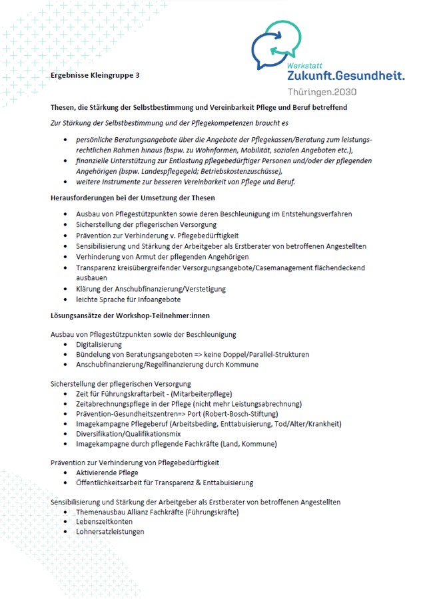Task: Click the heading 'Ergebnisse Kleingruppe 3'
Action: [x=95, y=75]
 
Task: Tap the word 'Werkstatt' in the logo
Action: [x=305, y=67]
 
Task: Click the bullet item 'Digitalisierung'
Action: [x=99, y=345]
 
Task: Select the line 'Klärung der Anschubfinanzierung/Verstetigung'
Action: [x=151, y=289]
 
